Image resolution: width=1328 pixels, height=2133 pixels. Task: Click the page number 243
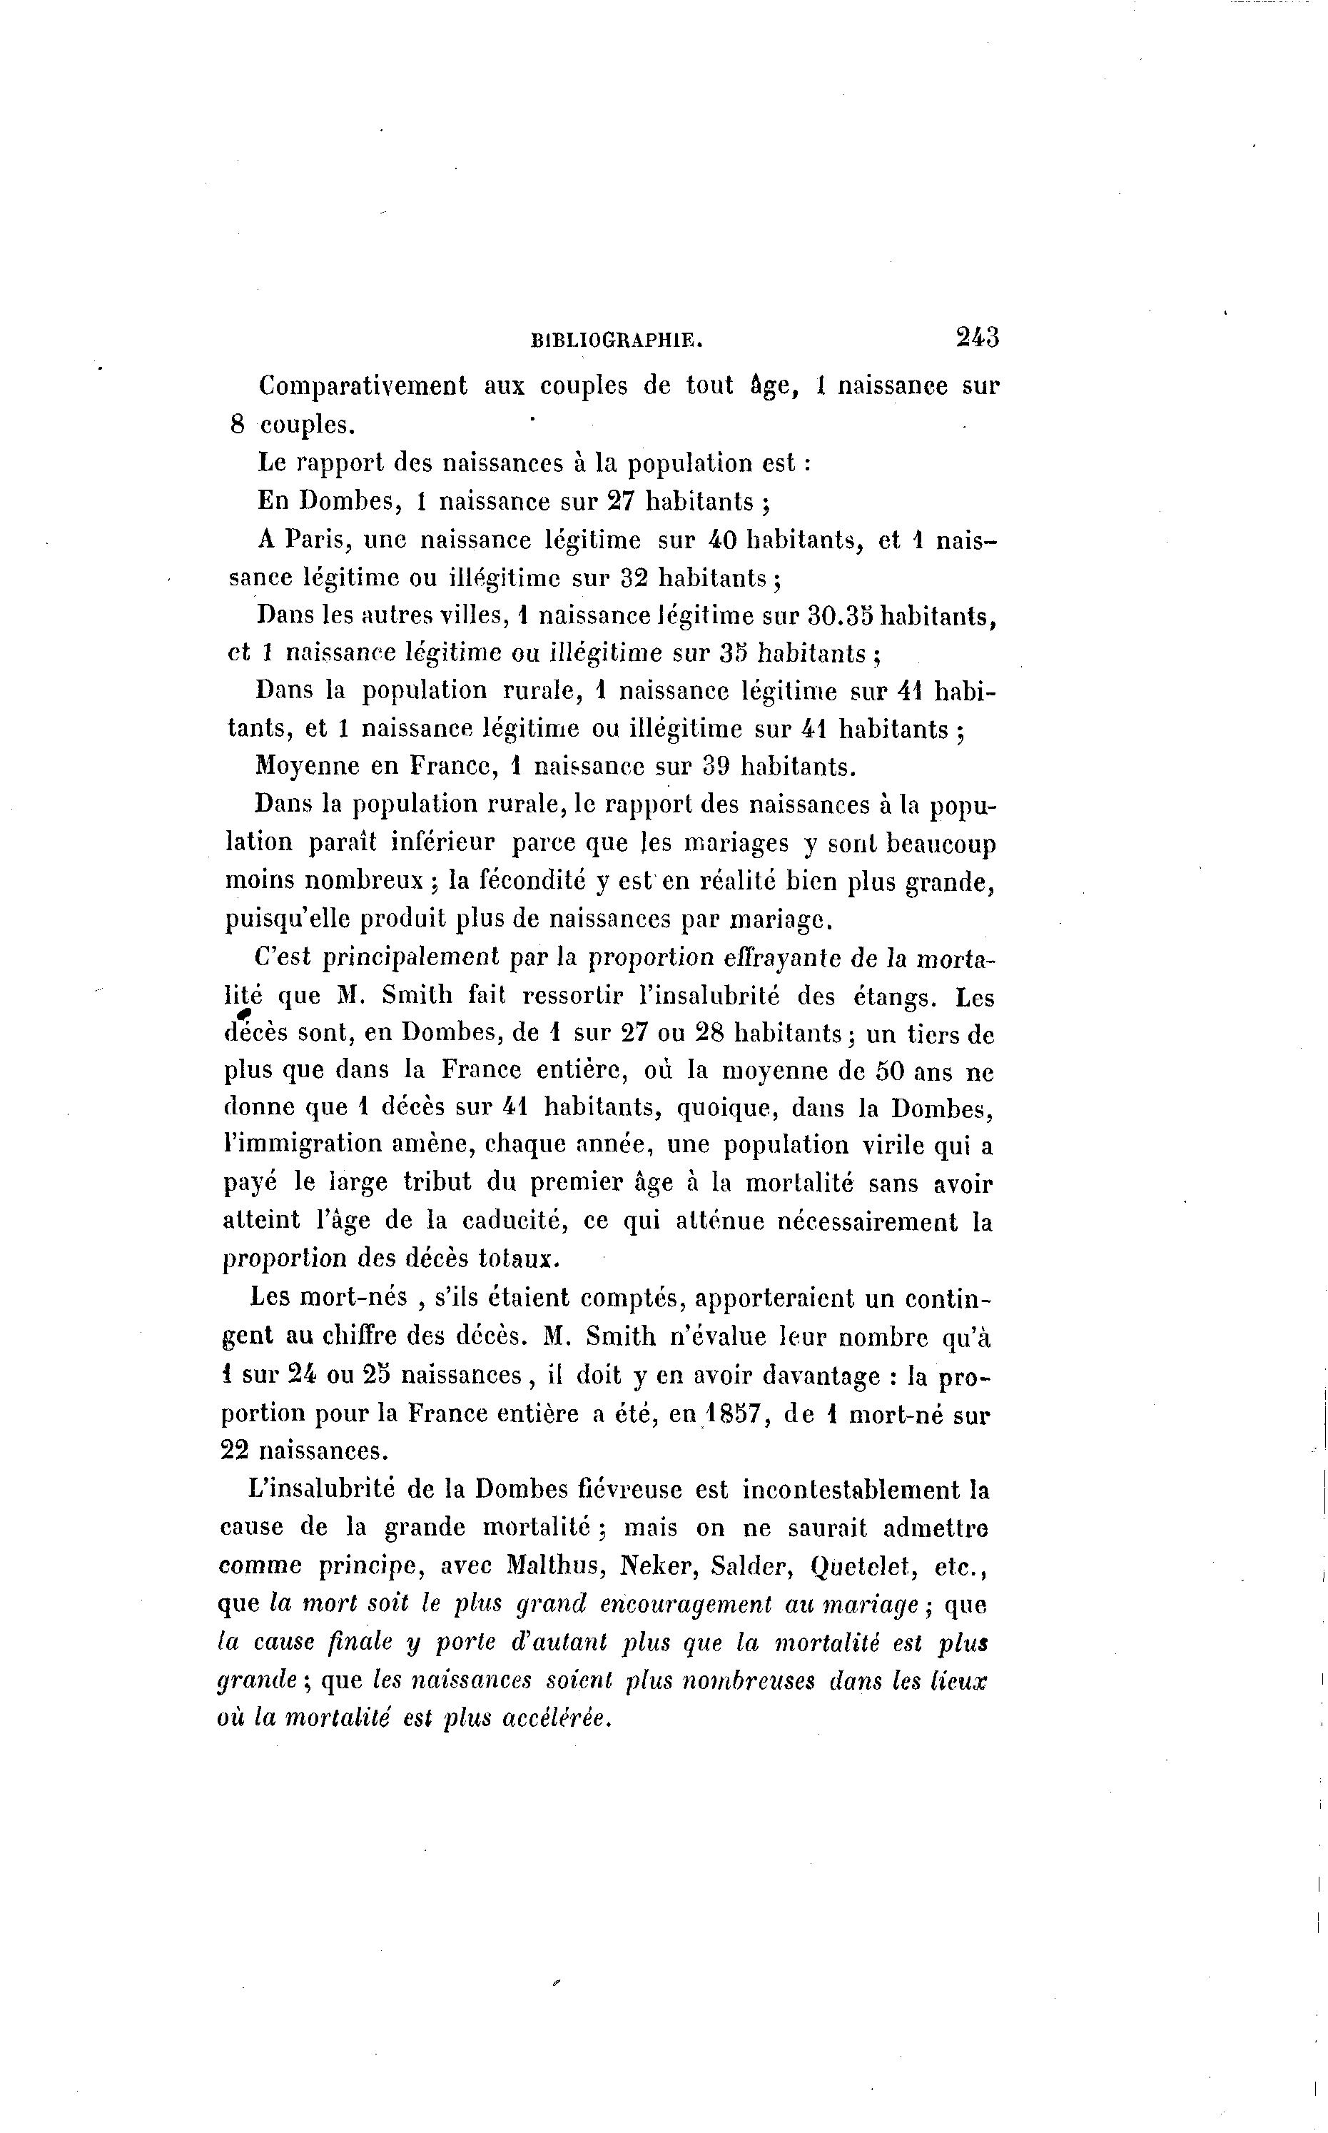(x=977, y=338)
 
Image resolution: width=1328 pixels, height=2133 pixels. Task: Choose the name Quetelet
(x=860, y=1565)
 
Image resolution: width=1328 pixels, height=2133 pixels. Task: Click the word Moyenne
(x=305, y=766)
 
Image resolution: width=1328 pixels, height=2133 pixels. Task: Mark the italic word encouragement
(x=686, y=1605)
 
